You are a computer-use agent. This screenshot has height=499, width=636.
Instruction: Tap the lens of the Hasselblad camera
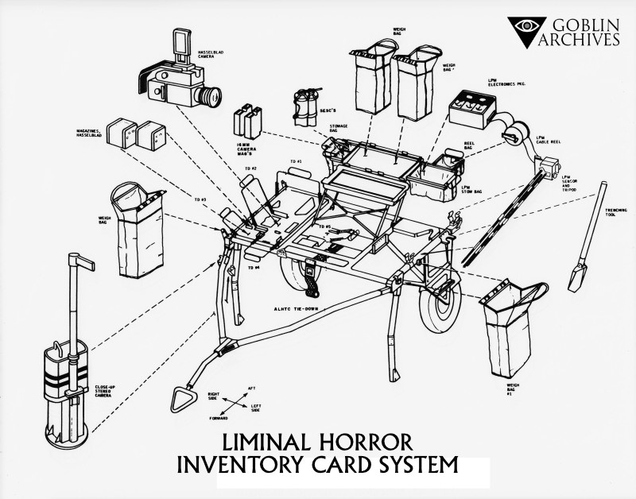(209, 98)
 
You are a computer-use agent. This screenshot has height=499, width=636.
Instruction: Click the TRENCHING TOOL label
(598, 209)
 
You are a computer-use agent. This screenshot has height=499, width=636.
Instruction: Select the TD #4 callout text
(254, 269)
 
